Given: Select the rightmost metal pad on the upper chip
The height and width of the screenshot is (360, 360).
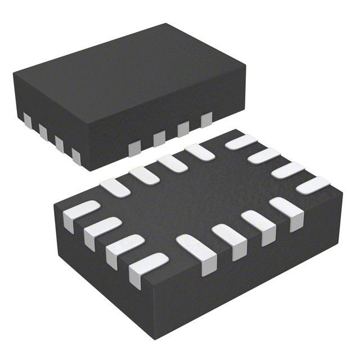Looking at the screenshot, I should tap(206, 119).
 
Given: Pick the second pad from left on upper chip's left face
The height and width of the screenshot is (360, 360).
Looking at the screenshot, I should tap(43, 130).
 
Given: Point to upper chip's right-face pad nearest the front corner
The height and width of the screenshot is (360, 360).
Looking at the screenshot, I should tap(134, 148).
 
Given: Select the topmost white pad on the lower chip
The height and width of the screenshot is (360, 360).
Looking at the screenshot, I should tap(238, 141).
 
